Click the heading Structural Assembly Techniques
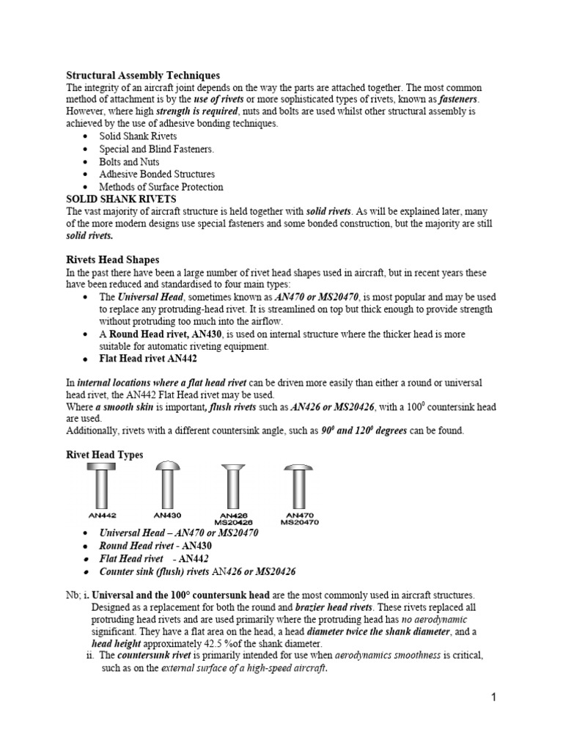143,75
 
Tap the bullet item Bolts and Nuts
129,161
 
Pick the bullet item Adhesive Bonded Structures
157,174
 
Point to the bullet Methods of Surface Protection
161,186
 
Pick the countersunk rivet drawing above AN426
234,486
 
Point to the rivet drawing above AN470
299,486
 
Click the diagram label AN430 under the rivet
169,515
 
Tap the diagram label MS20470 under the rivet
300,522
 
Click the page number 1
494,697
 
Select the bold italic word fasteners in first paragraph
458,99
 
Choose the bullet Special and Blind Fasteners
157,149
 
